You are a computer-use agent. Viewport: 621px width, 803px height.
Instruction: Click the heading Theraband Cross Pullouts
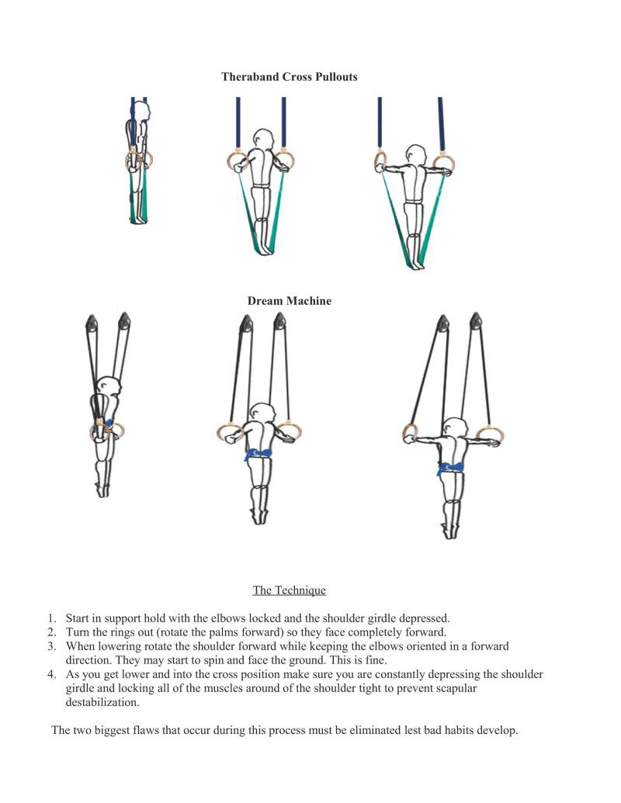(x=289, y=77)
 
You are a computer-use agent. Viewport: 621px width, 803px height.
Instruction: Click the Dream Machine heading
(x=289, y=301)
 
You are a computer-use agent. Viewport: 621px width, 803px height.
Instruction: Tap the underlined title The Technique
(x=289, y=590)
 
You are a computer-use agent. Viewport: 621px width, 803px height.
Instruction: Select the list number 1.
(x=52, y=618)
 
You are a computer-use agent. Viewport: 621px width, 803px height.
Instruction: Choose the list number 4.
(x=52, y=674)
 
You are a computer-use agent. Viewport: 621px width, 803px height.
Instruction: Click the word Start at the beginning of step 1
(x=78, y=618)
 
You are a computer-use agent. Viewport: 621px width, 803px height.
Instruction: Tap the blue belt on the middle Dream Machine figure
(x=258, y=455)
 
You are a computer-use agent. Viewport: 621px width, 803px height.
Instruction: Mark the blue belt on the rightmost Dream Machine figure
(x=450, y=468)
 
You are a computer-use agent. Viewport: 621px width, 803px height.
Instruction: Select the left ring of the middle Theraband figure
(x=234, y=161)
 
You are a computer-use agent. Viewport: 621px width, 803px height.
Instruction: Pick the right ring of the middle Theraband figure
(x=285, y=161)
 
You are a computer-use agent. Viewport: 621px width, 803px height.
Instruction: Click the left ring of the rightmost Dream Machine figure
(x=410, y=432)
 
